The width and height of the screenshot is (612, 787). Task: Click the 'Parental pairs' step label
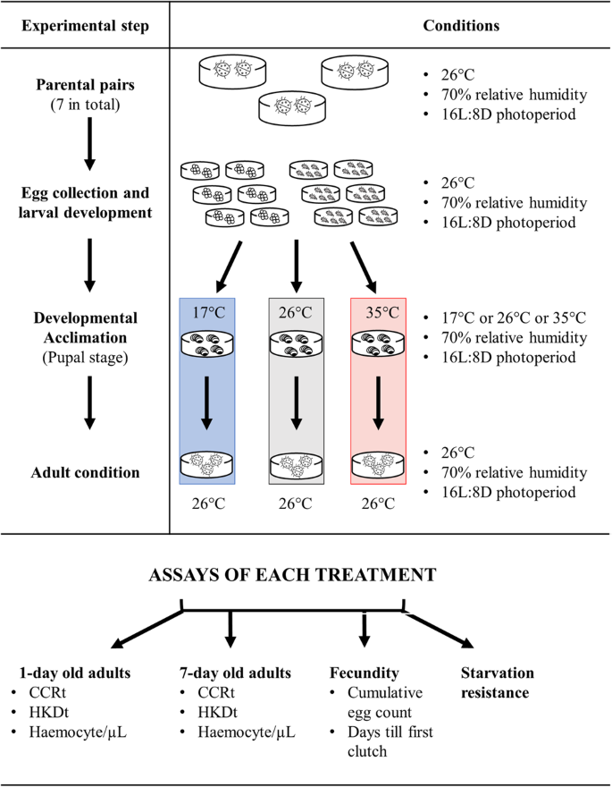tap(88, 87)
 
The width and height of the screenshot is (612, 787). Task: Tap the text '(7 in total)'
tap(88, 105)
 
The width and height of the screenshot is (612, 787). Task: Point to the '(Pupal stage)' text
tap(88, 355)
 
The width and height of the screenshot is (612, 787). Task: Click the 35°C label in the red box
tap(376, 314)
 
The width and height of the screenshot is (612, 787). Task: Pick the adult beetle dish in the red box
tap(376, 466)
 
